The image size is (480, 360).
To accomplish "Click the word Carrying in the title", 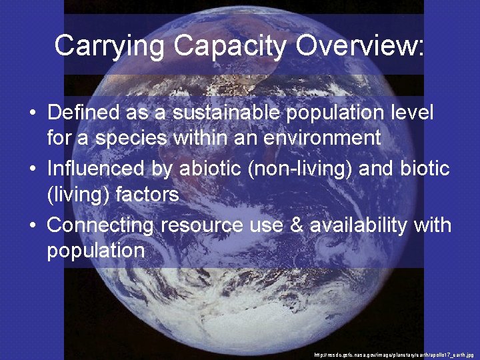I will [110, 46].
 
